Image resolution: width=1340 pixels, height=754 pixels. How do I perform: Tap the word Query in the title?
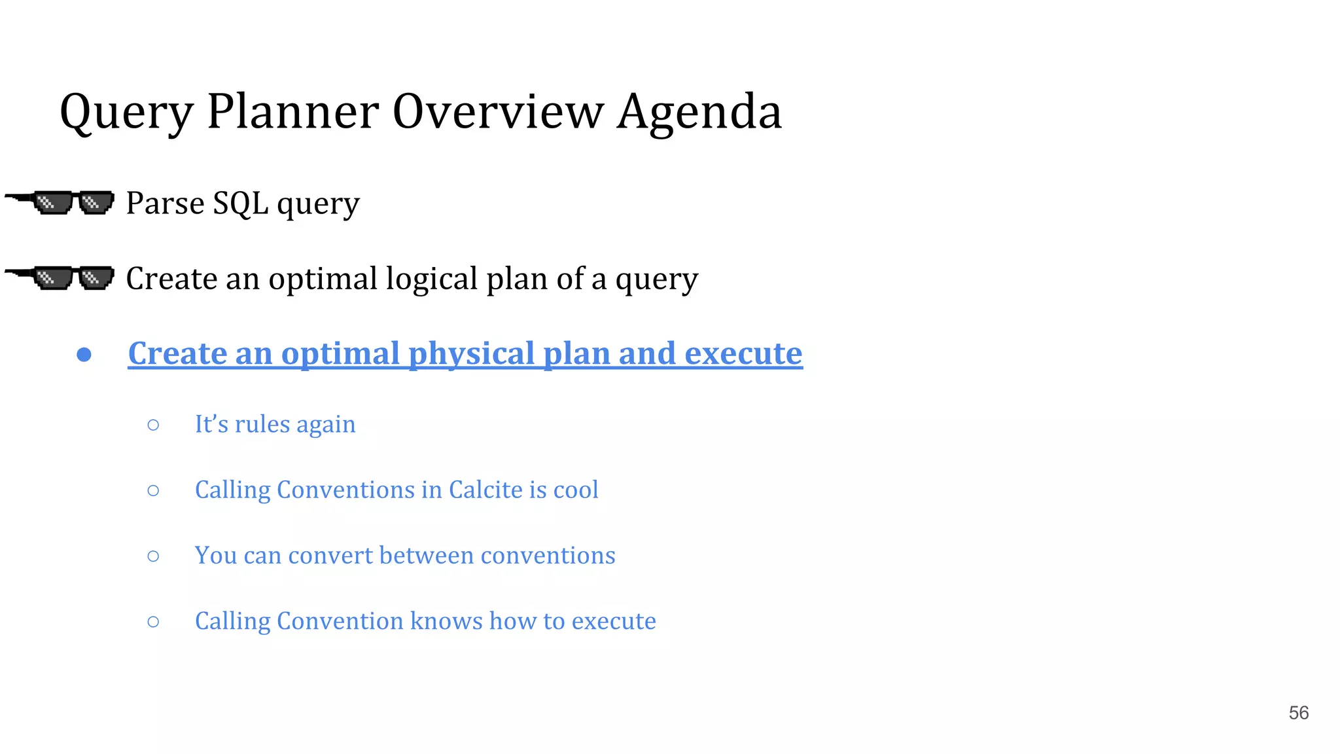click(126, 112)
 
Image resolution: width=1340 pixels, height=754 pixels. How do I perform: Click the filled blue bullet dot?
click(84, 355)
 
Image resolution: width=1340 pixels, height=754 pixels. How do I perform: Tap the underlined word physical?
click(471, 354)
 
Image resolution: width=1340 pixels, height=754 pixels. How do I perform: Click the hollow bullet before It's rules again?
click(153, 425)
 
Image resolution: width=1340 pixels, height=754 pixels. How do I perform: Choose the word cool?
click(576, 490)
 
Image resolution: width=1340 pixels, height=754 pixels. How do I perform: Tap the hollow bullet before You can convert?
click(153, 556)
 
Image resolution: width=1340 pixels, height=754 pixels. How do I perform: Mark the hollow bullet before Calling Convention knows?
click(153, 622)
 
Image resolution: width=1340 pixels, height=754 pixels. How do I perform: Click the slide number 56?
click(1298, 713)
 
